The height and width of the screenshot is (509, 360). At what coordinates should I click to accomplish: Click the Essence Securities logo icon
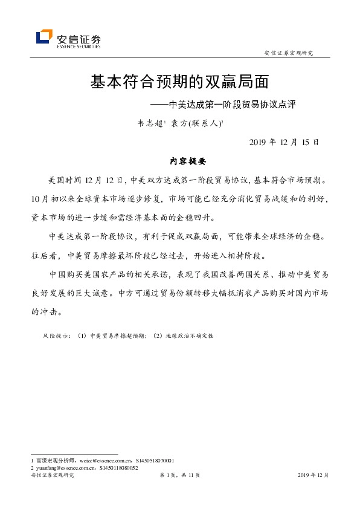pos(45,37)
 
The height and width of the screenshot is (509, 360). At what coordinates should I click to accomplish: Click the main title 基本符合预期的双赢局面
pos(179,81)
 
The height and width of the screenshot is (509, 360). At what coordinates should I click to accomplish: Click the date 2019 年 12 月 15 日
pos(283,142)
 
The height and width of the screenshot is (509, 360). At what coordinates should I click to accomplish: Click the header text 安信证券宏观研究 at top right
pos(289,53)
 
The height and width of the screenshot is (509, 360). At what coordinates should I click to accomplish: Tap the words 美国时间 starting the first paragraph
pos(62,180)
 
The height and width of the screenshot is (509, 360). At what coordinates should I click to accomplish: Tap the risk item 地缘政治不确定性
pos(188,335)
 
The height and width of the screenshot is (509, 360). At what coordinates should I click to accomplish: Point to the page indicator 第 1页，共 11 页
pos(179,476)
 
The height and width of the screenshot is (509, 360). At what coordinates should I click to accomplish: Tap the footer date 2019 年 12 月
pos(313,476)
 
